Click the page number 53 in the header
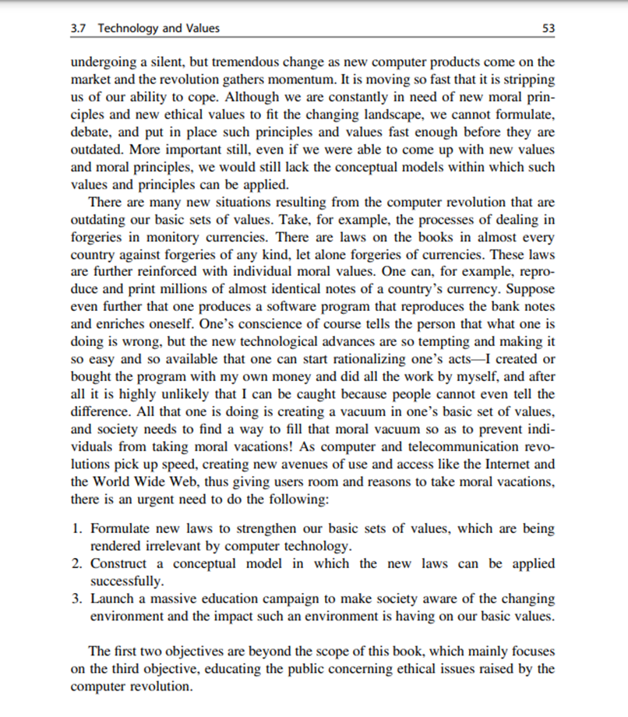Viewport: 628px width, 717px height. click(548, 29)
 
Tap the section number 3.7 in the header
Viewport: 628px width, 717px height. click(78, 29)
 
